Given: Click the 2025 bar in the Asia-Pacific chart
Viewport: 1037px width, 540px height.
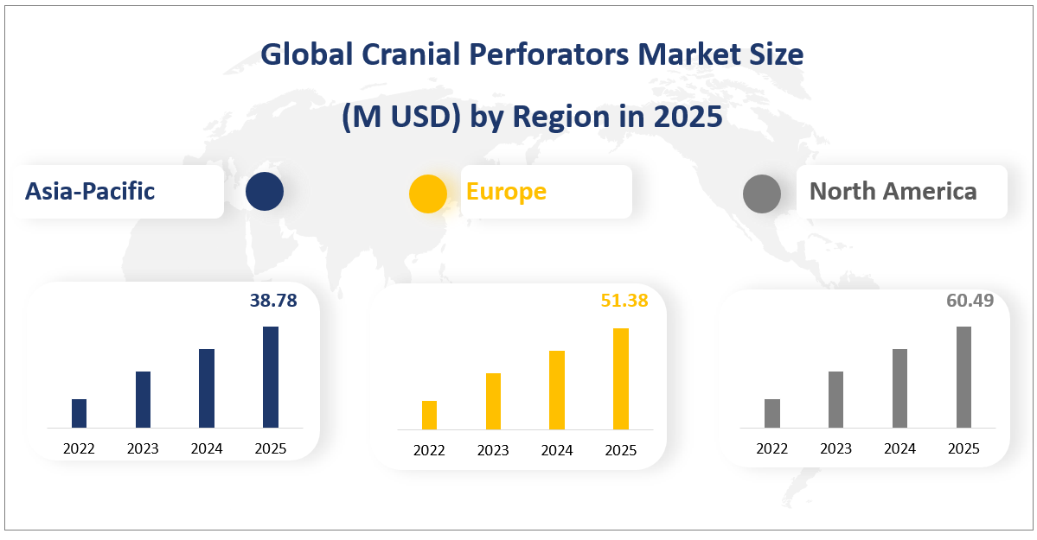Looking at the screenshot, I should pos(271,377).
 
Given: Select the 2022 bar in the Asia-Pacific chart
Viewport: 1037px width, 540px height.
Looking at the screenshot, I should pos(79,413).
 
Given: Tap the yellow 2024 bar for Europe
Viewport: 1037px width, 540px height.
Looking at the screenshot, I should pos(557,390).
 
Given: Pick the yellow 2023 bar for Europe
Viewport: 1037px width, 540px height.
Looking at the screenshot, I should pos(493,401).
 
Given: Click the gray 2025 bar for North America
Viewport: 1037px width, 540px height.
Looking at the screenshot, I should pos(963,377).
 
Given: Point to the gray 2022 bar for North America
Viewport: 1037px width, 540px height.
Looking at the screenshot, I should pos(772,413).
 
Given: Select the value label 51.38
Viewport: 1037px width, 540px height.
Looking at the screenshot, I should pos(624,301).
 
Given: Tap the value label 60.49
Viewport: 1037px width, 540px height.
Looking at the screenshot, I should pos(970,301).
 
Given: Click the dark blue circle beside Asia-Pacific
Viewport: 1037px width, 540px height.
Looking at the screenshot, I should pos(264,192).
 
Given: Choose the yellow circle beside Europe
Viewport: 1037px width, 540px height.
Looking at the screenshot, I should pos(428,193).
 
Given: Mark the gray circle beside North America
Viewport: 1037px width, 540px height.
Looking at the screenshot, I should pos(762,193).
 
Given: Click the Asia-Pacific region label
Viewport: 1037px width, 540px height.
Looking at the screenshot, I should pos(90,191).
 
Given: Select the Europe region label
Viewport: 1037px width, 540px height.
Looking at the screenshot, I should pos(506,191).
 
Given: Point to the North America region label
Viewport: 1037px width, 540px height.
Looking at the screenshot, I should pos(893,191).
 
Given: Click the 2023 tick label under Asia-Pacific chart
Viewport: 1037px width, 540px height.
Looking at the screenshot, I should pos(143,448).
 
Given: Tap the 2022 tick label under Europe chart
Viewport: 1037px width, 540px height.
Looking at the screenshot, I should pos(429,450).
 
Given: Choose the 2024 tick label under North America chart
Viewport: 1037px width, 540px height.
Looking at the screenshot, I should pos(900,448).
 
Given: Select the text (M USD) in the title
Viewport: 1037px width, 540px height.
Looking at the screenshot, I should pos(400,117).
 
